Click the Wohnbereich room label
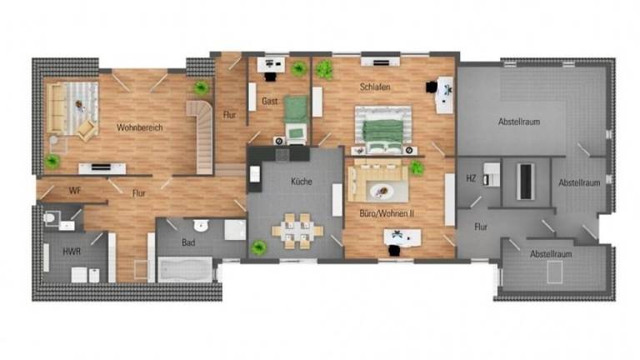click(x=139, y=127)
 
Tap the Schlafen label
click(x=375, y=87)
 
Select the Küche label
click(x=302, y=181)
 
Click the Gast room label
click(x=269, y=101)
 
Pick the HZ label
click(x=471, y=178)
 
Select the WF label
click(x=75, y=191)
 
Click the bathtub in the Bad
click(x=185, y=269)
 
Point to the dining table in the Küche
click(x=297, y=228)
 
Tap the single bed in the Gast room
click(x=295, y=118)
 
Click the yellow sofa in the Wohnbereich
click(x=57, y=107)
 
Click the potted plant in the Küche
click(x=259, y=247)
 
